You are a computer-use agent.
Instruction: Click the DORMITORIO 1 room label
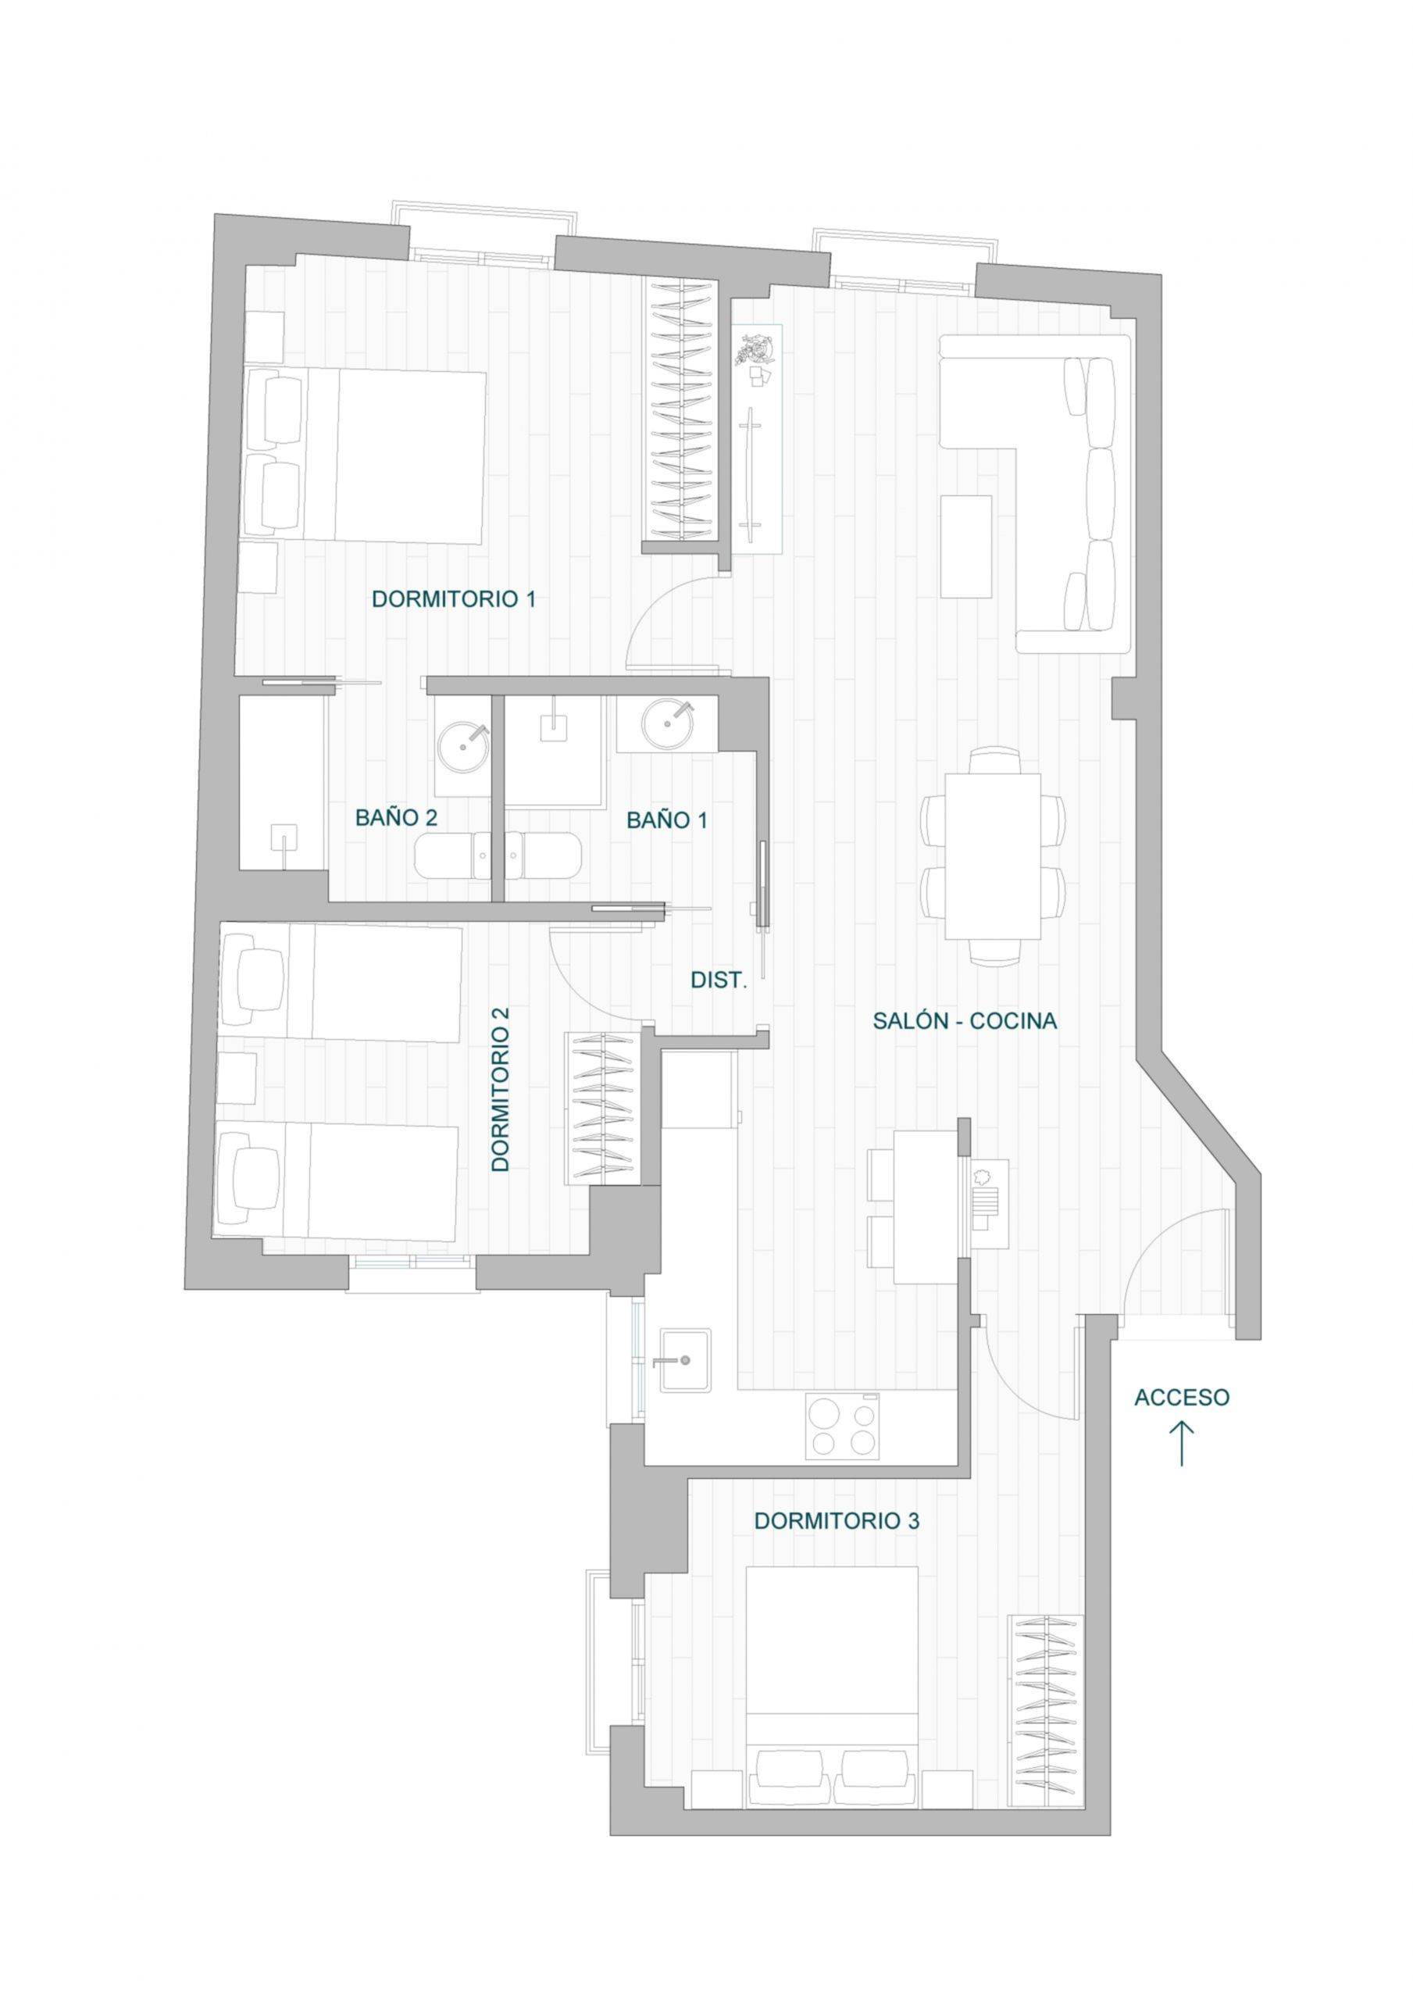(x=453, y=599)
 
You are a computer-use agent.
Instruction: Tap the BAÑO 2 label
(x=396, y=818)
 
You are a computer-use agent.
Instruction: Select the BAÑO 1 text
(x=667, y=820)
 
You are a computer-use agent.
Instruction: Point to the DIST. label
(x=719, y=980)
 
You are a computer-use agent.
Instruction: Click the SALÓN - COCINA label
(x=965, y=1021)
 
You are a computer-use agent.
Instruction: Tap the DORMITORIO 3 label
(x=837, y=1521)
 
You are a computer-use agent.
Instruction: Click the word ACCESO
(x=1181, y=1397)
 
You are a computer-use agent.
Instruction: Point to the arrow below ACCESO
(x=1181, y=1444)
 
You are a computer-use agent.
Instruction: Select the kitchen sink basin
(x=685, y=1359)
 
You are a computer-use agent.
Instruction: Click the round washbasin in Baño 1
(x=667, y=723)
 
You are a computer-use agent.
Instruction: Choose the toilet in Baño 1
(x=542, y=856)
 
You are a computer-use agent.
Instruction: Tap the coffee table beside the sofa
(x=966, y=547)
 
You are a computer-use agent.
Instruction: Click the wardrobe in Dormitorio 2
(x=605, y=1108)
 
